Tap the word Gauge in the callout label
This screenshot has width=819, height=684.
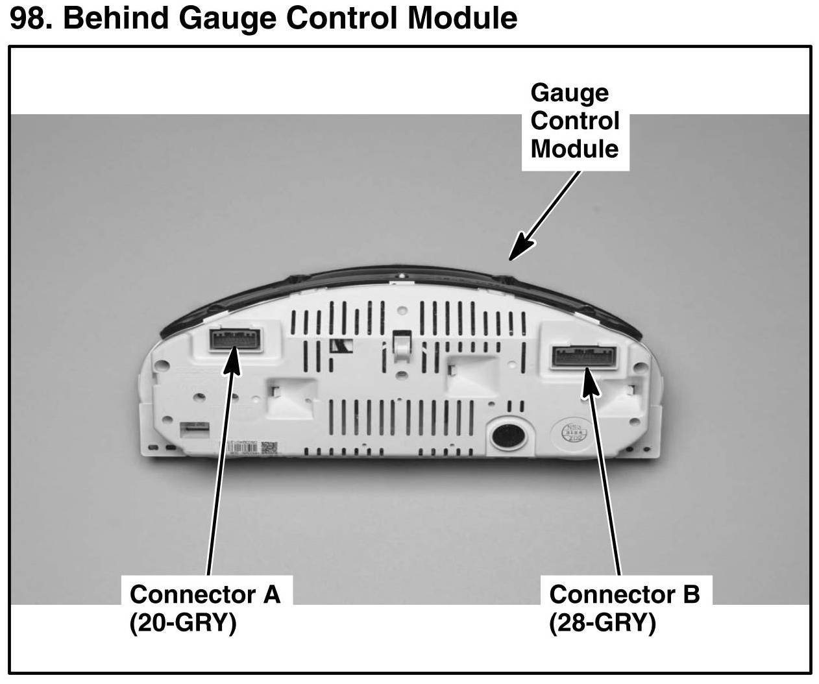coord(569,93)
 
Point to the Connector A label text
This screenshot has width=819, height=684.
coord(204,593)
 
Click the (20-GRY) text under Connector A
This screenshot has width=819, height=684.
coord(182,622)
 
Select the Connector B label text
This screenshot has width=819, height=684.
coord(624,593)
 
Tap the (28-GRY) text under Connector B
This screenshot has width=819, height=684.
coord(602,622)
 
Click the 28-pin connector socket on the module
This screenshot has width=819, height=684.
coord(585,357)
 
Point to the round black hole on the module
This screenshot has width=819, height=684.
coord(506,435)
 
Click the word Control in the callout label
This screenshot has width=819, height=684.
coord(574,121)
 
